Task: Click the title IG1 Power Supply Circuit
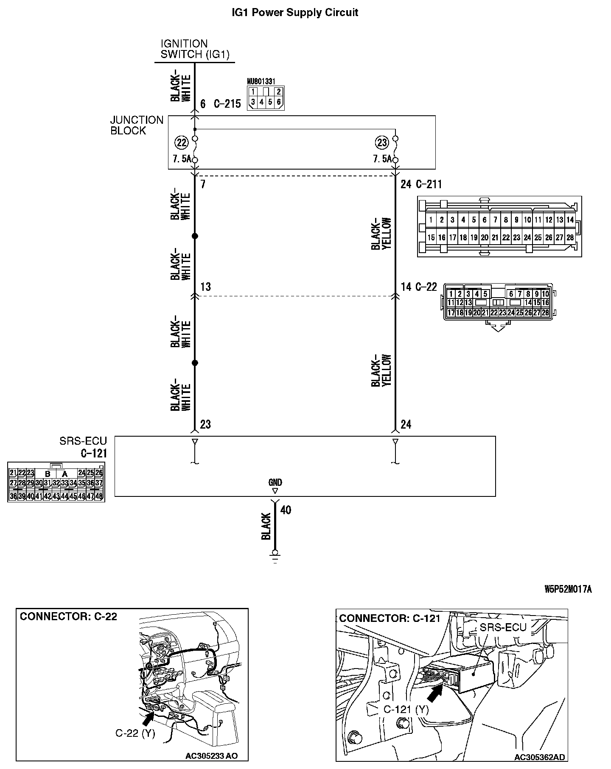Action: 294,13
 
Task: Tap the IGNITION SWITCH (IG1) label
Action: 195,49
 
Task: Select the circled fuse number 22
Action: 182,142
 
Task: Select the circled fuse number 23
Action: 382,142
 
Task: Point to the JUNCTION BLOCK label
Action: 136,125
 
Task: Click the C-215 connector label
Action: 227,104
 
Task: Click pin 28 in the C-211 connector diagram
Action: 570,238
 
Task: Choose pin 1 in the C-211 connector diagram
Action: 431,220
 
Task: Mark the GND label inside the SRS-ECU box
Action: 275,482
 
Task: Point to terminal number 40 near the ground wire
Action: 286,510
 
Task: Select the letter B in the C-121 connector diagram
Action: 48,474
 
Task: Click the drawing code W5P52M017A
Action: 568,589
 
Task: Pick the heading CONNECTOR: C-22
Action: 68,616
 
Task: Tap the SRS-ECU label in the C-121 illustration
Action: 503,627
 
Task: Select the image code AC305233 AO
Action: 211,756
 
